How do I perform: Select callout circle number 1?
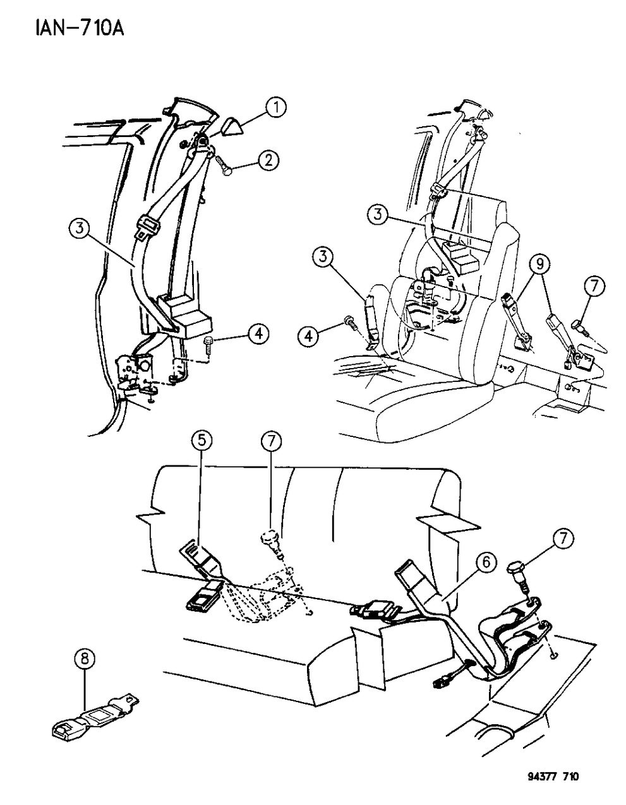(275, 109)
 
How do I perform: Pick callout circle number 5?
(201, 442)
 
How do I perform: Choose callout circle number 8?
(85, 660)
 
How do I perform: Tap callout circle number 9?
(538, 265)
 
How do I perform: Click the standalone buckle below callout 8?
(95, 716)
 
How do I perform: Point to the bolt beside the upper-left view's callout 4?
(210, 346)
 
